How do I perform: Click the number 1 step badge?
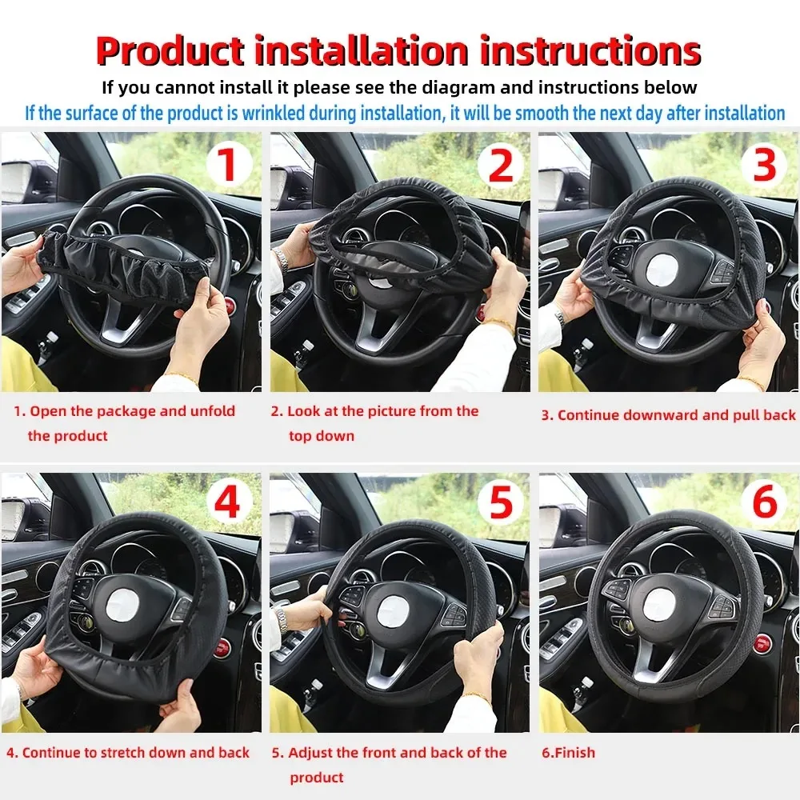tap(228, 166)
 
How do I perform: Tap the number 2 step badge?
tap(501, 166)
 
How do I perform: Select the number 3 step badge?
tap(765, 164)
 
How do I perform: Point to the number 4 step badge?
tap(228, 504)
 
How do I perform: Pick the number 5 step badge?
tap(501, 504)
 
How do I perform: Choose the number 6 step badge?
tap(765, 504)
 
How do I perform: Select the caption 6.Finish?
tap(569, 753)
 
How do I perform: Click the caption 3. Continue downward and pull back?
tap(669, 414)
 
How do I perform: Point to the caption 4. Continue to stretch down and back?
tap(128, 753)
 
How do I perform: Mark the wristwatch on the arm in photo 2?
tap(282, 260)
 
